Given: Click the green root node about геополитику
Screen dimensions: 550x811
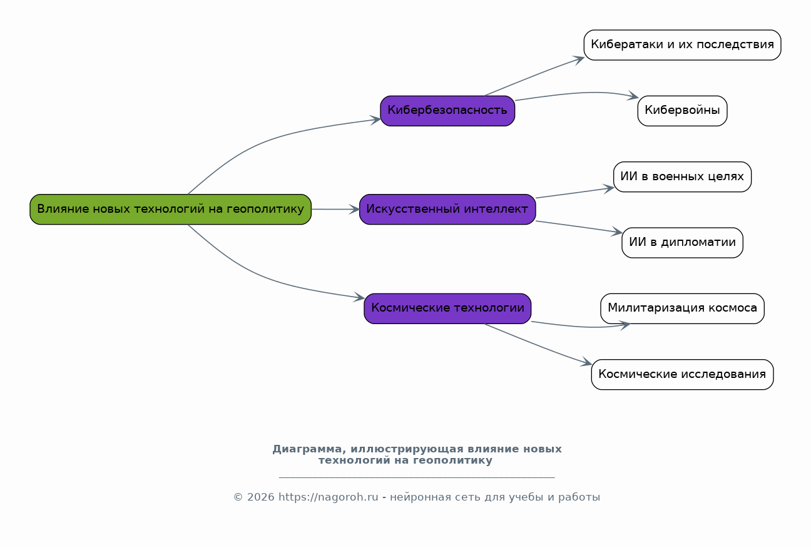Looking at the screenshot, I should (x=170, y=209).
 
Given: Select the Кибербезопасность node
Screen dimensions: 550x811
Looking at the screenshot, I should (x=447, y=111).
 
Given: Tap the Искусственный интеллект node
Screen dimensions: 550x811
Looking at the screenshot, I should (x=447, y=209).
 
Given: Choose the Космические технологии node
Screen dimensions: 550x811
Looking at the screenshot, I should (x=447, y=308).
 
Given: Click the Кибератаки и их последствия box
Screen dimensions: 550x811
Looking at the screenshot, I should (x=682, y=45).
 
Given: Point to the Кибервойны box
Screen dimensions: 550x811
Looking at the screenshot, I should (x=682, y=111).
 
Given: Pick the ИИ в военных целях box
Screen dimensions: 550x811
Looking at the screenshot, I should (x=682, y=176).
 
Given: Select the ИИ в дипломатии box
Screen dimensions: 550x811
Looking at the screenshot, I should (x=682, y=242).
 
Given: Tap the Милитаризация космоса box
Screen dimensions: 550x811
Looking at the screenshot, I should (x=682, y=308).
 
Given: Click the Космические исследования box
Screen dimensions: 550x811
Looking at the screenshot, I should (x=682, y=374).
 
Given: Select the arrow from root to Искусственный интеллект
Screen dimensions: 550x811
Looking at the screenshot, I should (x=335, y=209).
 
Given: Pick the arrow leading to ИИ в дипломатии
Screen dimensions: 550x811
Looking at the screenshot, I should (x=579, y=227).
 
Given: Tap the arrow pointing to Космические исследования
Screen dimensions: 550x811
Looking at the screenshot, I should (x=538, y=345).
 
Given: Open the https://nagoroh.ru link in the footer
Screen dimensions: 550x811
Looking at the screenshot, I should (x=328, y=497).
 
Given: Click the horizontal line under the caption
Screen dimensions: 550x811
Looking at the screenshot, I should (x=416, y=477).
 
